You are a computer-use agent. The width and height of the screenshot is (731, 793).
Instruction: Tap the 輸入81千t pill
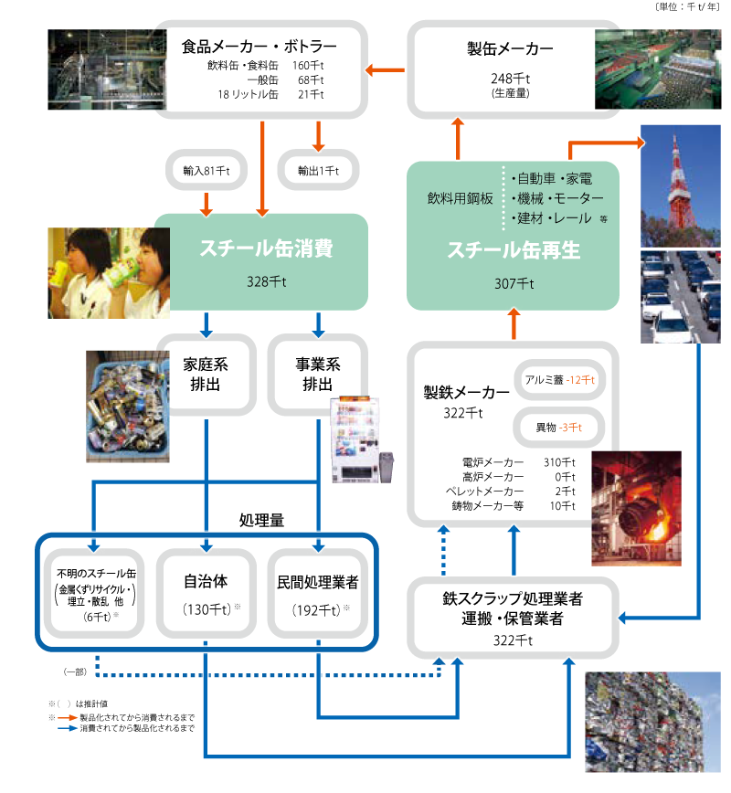pyautogui.click(x=206, y=171)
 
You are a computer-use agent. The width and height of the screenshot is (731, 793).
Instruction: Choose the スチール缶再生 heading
pyautogui.click(x=513, y=249)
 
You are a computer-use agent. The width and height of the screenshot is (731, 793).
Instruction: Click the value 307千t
pyautogui.click(x=513, y=283)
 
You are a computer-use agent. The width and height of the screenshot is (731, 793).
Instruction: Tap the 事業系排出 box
pyautogui.click(x=317, y=375)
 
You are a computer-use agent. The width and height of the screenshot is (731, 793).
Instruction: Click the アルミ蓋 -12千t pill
pyautogui.click(x=559, y=379)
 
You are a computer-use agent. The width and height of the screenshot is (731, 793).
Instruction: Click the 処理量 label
pyautogui.click(x=261, y=520)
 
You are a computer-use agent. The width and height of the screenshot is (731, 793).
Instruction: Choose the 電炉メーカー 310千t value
pyautogui.click(x=557, y=462)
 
